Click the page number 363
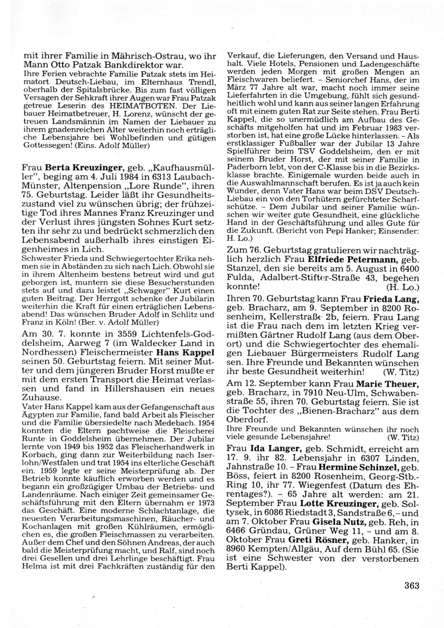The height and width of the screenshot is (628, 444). tap(412, 585)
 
